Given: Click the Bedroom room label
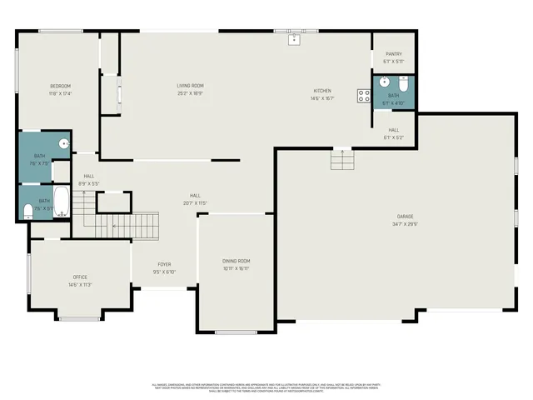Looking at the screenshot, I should [x=60, y=86].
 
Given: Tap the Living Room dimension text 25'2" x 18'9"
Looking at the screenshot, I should [x=190, y=93].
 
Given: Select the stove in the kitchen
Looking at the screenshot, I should [x=364, y=95].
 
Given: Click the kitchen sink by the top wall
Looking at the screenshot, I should [x=294, y=38].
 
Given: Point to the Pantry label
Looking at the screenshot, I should [x=393, y=53].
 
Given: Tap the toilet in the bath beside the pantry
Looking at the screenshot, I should [x=402, y=83].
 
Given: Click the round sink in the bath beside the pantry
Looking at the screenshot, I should [x=384, y=82].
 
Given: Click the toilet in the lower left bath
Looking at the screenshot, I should [x=27, y=209].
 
